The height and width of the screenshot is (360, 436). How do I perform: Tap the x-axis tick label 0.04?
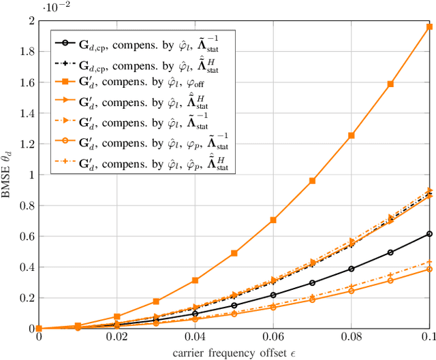pyautogui.click(x=195, y=339)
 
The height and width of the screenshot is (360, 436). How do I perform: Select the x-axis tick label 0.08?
pyautogui.click(x=351, y=339)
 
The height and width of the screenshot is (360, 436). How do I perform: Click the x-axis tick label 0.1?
pyautogui.click(x=429, y=339)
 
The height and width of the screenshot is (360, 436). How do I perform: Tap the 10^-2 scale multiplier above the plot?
pyautogui.click(x=53, y=7)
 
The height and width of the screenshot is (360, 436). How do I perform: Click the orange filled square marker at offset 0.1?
pyautogui.click(x=429, y=27)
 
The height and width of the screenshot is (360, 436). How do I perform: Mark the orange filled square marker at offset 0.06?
pyautogui.click(x=273, y=220)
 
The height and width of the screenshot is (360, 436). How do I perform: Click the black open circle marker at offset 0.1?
pyautogui.click(x=429, y=234)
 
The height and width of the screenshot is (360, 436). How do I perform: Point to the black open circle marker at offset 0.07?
pyautogui.click(x=312, y=282)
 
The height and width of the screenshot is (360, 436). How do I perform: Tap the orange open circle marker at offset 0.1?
pyautogui.click(x=429, y=269)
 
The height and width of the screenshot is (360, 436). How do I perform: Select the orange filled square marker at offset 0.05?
pyautogui.click(x=234, y=253)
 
